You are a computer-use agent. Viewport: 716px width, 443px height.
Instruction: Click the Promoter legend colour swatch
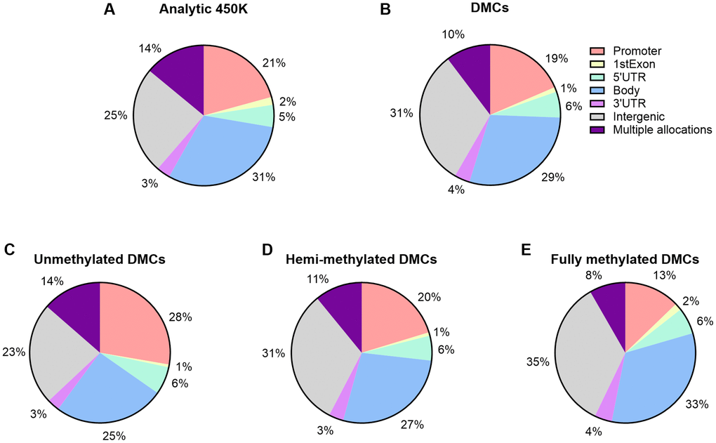point(599,51)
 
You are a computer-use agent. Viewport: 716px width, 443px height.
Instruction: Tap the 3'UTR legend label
point(630,103)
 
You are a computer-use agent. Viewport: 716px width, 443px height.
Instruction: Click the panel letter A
point(109,10)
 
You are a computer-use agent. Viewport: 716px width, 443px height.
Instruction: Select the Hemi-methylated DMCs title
point(362,260)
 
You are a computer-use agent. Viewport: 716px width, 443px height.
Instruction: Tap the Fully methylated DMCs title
point(625,260)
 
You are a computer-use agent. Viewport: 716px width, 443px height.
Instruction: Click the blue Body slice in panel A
point(225,154)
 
